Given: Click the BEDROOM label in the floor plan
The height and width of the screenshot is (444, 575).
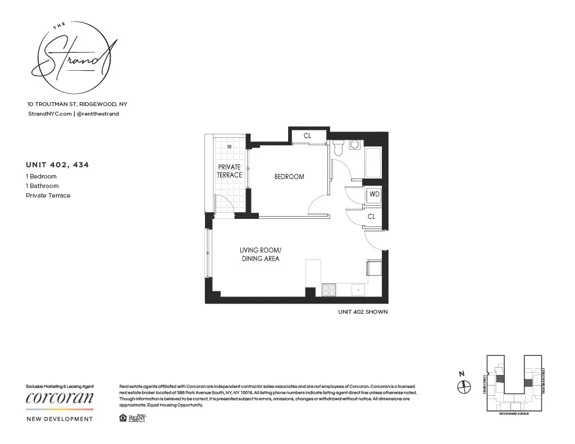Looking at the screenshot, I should coord(289,177).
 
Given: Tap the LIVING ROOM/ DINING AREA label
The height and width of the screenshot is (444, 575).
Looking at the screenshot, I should coord(260,254).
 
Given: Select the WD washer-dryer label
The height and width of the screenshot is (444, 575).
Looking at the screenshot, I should coord(374,194).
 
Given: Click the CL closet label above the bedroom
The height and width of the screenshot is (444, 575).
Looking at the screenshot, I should coord(307,136).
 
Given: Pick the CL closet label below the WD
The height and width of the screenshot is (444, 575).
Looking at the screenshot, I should coord(371,216).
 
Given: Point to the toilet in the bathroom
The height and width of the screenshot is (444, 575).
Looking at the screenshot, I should coord(338,148).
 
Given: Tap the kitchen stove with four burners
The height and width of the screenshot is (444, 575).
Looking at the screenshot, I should coord(328,290).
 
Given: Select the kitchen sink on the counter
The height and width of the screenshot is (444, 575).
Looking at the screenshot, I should coord(357,290).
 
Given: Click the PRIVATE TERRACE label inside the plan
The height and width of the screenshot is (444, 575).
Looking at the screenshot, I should coord(230,171).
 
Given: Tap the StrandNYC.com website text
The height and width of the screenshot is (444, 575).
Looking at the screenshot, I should coord(49,114).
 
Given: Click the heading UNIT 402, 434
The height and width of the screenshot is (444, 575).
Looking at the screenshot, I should coord(57,165).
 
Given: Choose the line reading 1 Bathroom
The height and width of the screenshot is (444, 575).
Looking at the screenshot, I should coord(42,186).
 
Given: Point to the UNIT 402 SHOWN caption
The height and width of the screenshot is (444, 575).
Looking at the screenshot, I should coord(362,312).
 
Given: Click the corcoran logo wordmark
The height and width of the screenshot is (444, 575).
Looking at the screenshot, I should coord(60,399).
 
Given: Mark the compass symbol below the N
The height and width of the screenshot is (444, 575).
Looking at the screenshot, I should coord(464,386).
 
